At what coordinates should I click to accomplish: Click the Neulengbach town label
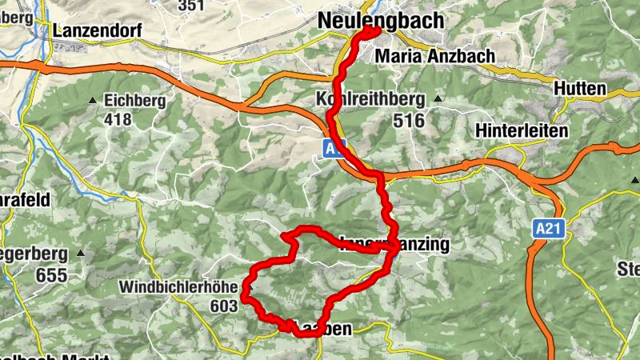(x=380, y=21)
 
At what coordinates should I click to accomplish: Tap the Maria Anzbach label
(x=434, y=56)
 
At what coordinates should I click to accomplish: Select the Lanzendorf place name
(x=98, y=30)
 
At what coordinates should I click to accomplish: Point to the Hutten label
(x=579, y=89)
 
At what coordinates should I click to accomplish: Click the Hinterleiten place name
(x=522, y=130)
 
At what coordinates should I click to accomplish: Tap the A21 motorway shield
(x=547, y=230)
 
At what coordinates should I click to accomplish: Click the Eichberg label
(x=134, y=101)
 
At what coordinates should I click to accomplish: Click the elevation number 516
(x=408, y=120)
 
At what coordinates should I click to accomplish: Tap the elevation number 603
(x=223, y=306)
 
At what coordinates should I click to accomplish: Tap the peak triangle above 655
(x=80, y=254)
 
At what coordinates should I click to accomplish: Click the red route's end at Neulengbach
(x=374, y=30)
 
